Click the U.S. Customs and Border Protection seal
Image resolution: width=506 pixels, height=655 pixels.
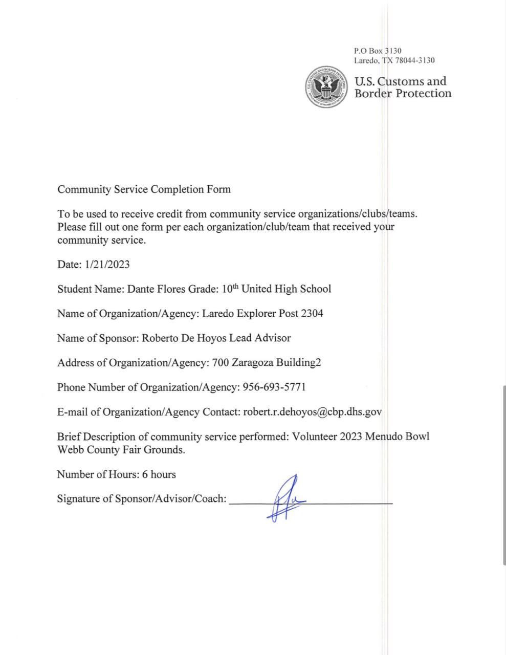click(x=326, y=87)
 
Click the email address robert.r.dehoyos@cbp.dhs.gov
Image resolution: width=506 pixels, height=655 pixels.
click(x=312, y=412)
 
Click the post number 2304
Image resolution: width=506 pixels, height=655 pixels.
click(x=312, y=313)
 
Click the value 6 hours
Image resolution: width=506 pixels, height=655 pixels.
click(x=159, y=474)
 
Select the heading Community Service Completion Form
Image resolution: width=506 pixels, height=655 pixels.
click(x=144, y=189)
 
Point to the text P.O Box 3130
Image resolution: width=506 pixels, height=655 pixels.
click(x=378, y=51)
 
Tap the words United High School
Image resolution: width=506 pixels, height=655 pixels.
click(x=286, y=289)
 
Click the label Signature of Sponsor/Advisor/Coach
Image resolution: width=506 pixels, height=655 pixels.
click(x=142, y=499)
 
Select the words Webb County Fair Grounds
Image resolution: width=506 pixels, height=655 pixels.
click(x=121, y=450)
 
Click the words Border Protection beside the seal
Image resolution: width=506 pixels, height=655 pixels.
click(x=403, y=94)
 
